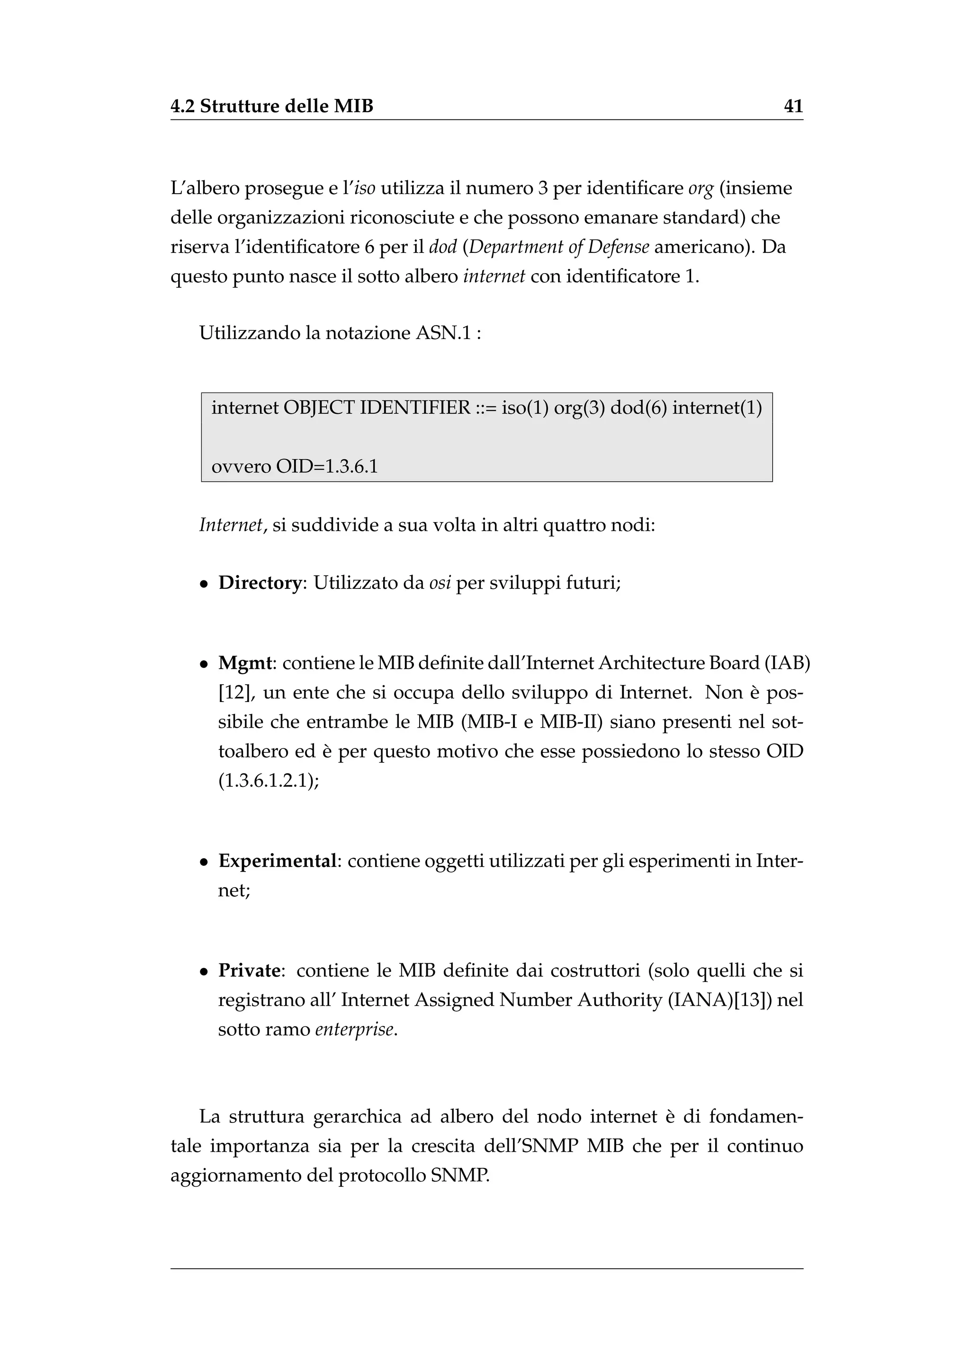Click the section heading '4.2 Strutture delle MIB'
click(272, 107)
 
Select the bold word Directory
click(259, 583)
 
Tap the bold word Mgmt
click(245, 663)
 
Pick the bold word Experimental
click(278, 861)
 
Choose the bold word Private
click(249, 970)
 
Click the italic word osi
click(440, 583)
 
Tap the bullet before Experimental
click(204, 862)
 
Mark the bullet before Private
click(204, 971)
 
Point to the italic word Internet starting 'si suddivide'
click(231, 525)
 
